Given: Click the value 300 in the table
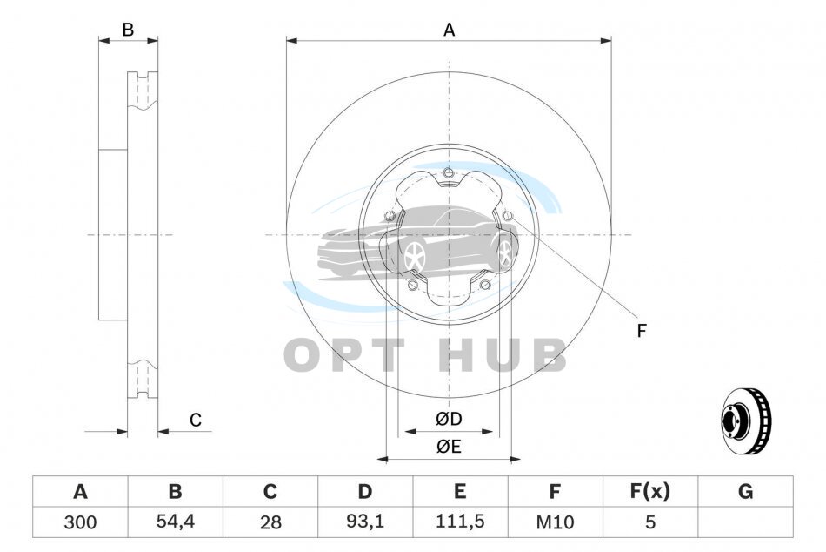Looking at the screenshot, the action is click(x=80, y=522).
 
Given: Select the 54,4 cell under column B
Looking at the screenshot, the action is click(x=176, y=522).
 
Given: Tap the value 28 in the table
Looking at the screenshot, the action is click(x=270, y=522).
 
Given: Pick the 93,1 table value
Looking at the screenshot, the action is click(x=365, y=522).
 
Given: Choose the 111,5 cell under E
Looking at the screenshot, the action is click(x=460, y=522).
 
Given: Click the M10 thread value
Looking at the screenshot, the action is click(x=555, y=522).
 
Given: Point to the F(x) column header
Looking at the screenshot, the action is click(x=650, y=491).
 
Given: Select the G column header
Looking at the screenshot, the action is click(x=745, y=491).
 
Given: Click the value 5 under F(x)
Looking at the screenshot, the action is click(x=650, y=522).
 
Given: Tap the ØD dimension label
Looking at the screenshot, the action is click(x=449, y=419).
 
